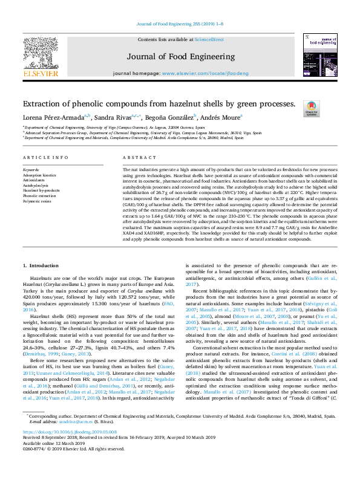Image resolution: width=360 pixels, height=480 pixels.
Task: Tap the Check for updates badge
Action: coord(310,109)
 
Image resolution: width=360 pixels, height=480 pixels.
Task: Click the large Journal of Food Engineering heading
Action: coord(180,57)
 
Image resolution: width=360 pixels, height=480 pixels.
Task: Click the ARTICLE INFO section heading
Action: coord(45,158)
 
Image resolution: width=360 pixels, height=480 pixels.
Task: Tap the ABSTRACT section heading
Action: coord(135,158)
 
